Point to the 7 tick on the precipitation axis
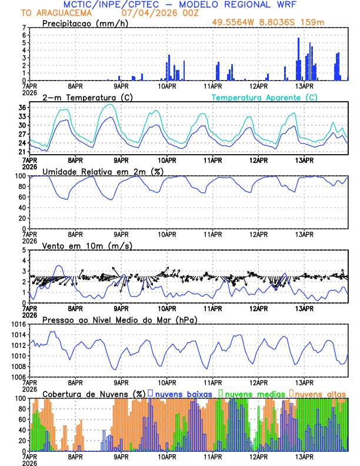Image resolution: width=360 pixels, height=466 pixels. tap(24, 28)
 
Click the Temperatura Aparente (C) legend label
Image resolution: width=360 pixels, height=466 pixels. tap(265, 97)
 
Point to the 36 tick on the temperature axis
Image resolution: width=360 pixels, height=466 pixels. tap(22, 108)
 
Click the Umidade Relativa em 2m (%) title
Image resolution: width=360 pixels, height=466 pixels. tap(104, 171)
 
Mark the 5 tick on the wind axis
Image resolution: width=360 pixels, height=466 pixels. tap(24, 250)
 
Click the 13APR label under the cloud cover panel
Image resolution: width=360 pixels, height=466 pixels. tap(304, 456)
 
